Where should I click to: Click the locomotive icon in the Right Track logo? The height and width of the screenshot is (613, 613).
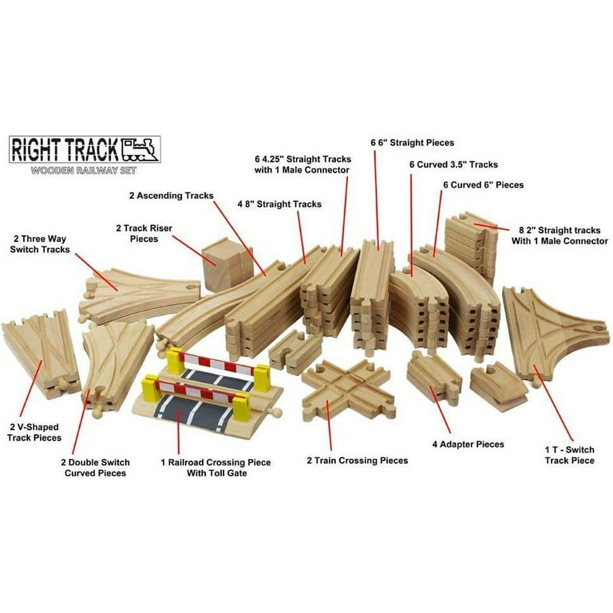(140, 149)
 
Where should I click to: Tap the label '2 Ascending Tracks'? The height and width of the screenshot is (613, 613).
(172, 196)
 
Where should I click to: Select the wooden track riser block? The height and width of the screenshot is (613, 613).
(227, 265)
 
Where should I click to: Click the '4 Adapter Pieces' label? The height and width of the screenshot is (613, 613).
(468, 444)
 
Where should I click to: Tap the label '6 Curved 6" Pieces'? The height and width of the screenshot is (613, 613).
(483, 185)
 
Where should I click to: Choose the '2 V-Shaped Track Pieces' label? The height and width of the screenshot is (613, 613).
(34, 433)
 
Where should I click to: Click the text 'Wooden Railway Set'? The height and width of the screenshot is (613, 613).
(84, 171)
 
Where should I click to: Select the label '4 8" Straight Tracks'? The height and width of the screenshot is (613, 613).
(279, 204)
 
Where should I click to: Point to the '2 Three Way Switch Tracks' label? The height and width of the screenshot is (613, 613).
(40, 244)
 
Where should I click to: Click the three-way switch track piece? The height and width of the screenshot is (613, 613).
(139, 295)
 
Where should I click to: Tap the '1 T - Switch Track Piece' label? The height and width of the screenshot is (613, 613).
(570, 455)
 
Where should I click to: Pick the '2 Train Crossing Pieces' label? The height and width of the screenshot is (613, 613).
(358, 461)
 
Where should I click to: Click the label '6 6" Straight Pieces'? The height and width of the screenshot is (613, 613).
(413, 143)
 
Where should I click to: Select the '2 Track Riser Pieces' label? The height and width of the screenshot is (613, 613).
(144, 233)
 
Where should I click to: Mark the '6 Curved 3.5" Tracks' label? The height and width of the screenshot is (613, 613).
(453, 164)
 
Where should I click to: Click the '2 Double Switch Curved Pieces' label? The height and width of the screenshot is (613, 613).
(96, 468)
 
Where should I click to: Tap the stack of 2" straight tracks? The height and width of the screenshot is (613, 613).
(471, 247)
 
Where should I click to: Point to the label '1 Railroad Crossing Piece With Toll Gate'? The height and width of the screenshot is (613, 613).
(216, 468)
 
